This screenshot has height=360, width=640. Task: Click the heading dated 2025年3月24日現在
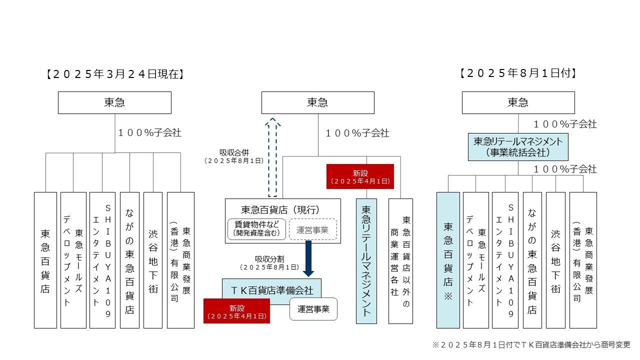pyautogui.click(x=115, y=74)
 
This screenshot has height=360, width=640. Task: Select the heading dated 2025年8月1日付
pyautogui.click(x=518, y=73)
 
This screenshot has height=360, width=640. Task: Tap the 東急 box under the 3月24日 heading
pyautogui.click(x=114, y=102)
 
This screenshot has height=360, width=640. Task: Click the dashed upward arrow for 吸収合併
pyautogui.click(x=273, y=157)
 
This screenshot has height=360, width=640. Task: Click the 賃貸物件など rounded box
pyautogui.click(x=257, y=229)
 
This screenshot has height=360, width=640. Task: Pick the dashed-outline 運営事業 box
pyautogui.click(x=313, y=229)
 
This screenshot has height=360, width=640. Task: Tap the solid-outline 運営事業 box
pyautogui.click(x=313, y=309)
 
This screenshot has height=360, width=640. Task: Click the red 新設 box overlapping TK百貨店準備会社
pyautogui.click(x=236, y=311)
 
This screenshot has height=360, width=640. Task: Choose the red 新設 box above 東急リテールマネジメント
pyautogui.click(x=360, y=176)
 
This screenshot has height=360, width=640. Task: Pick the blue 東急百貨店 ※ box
pyautogui.click(x=448, y=260)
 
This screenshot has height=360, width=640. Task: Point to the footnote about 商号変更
pyautogui.click(x=531, y=345)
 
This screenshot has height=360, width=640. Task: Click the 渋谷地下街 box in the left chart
pyautogui.click(x=153, y=260)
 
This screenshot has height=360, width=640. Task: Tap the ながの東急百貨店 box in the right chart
pyautogui.click(x=532, y=260)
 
